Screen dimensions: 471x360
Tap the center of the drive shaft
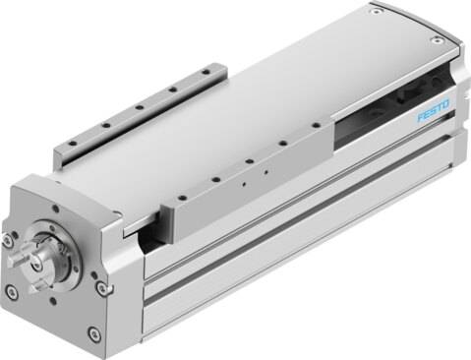35,260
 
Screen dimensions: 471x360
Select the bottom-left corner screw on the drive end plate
12,291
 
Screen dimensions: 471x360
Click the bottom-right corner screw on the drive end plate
93,333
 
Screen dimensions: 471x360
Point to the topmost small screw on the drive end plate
56,209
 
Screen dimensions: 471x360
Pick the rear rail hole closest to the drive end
73,144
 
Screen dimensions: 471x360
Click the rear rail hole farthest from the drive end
206,72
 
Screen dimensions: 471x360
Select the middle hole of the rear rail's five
139,107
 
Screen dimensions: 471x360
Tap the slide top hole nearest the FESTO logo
317,125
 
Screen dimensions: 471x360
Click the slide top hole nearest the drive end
182,198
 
